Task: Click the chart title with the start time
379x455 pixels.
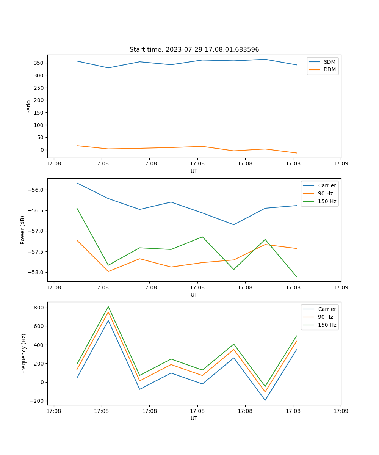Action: (x=194, y=50)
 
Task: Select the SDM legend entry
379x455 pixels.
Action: (x=329, y=62)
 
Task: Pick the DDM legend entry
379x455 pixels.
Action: (x=329, y=70)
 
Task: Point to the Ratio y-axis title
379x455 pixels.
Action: (x=29, y=107)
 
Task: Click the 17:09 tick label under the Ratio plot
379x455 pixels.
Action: (x=340, y=164)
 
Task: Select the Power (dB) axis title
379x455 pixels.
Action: (x=23, y=230)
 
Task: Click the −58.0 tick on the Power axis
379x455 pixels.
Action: (x=36, y=272)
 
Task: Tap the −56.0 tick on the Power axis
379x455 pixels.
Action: (x=36, y=190)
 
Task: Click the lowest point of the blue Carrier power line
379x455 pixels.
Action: (x=234, y=224)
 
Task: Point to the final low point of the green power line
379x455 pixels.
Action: (x=296, y=277)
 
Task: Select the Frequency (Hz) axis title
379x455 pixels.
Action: (x=23, y=353)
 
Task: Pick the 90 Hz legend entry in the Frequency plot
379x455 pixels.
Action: (x=325, y=317)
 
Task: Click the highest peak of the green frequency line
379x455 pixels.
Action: (x=108, y=307)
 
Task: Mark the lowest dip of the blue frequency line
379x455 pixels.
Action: (x=265, y=400)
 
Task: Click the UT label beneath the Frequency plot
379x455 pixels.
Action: (x=194, y=418)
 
